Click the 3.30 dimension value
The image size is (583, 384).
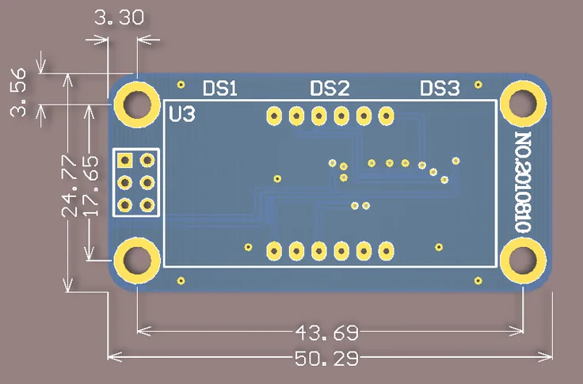(x=119, y=17)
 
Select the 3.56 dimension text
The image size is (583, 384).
(x=18, y=92)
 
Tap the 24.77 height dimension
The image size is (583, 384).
(x=69, y=186)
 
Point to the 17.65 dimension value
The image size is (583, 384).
(x=90, y=186)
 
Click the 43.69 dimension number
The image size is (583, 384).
(x=327, y=333)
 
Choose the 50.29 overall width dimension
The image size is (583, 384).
(x=327, y=359)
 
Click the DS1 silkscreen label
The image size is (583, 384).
(x=220, y=89)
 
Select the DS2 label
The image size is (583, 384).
(x=330, y=89)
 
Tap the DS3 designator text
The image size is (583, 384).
(x=440, y=89)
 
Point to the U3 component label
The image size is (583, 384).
(x=182, y=115)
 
